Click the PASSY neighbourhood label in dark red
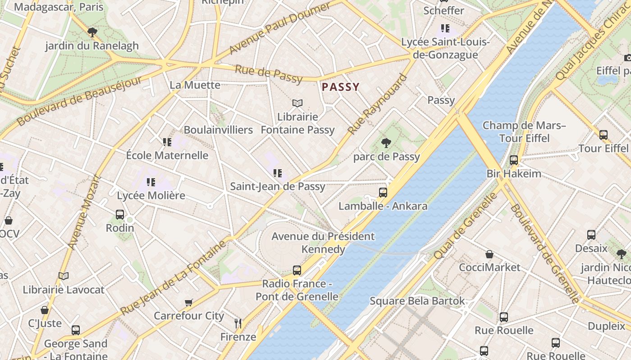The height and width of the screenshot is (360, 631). pyautogui.click(x=341, y=87)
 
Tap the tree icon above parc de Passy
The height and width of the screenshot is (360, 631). pyautogui.click(x=386, y=143)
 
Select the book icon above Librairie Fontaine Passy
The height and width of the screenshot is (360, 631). pyautogui.click(x=297, y=103)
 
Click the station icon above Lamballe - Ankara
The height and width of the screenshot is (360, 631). pyautogui.click(x=383, y=193)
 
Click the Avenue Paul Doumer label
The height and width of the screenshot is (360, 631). pyautogui.click(x=280, y=28)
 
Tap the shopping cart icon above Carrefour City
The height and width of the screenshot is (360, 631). pyautogui.click(x=189, y=302)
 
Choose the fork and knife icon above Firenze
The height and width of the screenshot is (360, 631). pyautogui.click(x=238, y=323)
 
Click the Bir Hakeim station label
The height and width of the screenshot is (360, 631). pyautogui.click(x=514, y=174)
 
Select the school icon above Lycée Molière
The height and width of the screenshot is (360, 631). pyautogui.click(x=151, y=182)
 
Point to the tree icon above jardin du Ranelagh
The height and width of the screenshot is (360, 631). pyautogui.click(x=92, y=32)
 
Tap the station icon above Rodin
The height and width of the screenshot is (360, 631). pyautogui.click(x=120, y=215)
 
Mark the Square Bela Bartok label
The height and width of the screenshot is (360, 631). pyautogui.click(x=417, y=301)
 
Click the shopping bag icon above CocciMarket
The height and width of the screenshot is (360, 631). pyautogui.click(x=489, y=254)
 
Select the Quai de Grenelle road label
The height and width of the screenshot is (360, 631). pyautogui.click(x=466, y=225)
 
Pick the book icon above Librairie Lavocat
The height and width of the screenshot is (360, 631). pyautogui.click(x=64, y=276)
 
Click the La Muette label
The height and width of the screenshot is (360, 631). pyautogui.click(x=195, y=85)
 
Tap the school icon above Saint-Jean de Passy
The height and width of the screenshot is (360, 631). pyautogui.click(x=278, y=173)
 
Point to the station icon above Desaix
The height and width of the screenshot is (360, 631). pyautogui.click(x=591, y=235)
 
